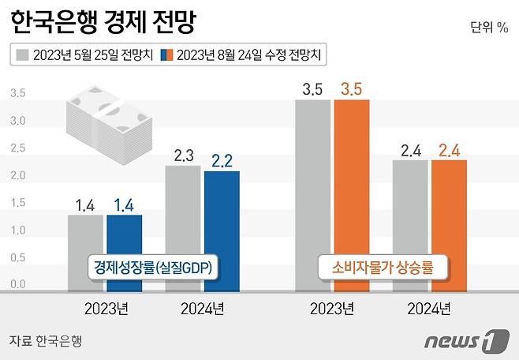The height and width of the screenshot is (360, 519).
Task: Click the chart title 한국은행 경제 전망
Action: tap(103, 24)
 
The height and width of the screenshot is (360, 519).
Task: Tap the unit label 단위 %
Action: tap(489, 28)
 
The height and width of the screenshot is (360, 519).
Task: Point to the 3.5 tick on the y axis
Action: tap(17, 93)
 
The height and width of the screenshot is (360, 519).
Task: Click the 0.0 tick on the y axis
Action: tap(17, 283)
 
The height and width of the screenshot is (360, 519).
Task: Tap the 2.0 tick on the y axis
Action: tap(17, 175)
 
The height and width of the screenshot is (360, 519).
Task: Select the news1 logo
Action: tap(466, 341)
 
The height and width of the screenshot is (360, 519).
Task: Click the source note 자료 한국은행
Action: tap(46, 341)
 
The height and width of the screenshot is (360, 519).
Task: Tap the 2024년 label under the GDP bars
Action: tap(202, 308)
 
